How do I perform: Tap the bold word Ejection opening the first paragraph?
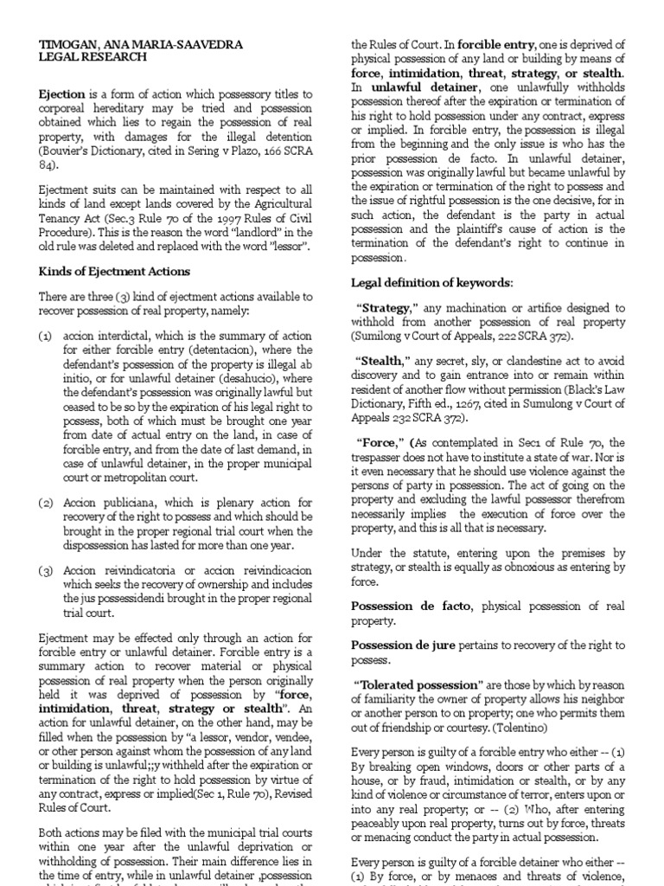tap(61, 95)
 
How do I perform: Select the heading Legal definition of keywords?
tap(431, 283)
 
